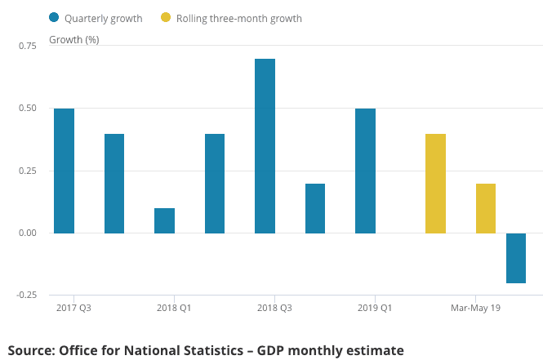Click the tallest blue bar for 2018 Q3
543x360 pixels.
pos(265,146)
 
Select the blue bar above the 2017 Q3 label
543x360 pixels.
pos(64,171)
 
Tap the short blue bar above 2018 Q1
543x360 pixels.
pos(164,220)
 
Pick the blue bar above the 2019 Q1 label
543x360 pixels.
pos(365,171)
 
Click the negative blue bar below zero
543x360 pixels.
pos(515,258)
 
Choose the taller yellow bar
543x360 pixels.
pos(435,184)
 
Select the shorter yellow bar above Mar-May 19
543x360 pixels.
pos(485,208)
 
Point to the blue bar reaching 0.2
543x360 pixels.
pos(315,208)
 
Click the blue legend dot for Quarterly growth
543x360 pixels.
pos(54,17)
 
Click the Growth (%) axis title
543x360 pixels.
pos(74,39)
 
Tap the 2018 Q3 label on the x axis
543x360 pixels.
pos(274,308)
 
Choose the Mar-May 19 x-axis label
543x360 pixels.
pos(476,308)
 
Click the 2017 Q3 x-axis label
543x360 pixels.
pos(73,308)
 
